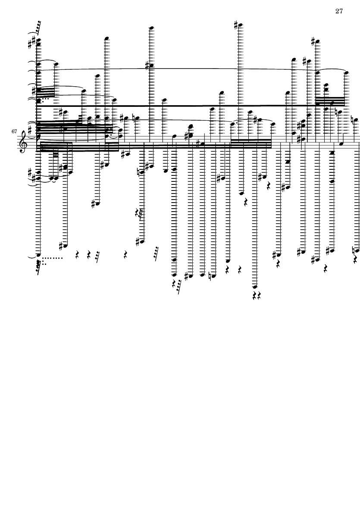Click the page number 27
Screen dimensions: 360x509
click(339, 11)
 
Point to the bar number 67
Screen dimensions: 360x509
click(14, 131)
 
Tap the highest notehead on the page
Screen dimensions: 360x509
click(241, 26)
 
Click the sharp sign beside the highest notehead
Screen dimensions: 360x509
click(236, 24)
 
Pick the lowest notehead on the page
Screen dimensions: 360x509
click(254, 287)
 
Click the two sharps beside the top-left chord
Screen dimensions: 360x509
click(32, 43)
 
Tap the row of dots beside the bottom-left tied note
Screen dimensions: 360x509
click(52, 259)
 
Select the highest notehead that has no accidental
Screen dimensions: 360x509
click(151, 28)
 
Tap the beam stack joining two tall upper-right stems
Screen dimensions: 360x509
click(330, 101)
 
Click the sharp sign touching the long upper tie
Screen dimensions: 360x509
click(147, 66)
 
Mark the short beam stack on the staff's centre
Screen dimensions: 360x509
click(251, 144)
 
